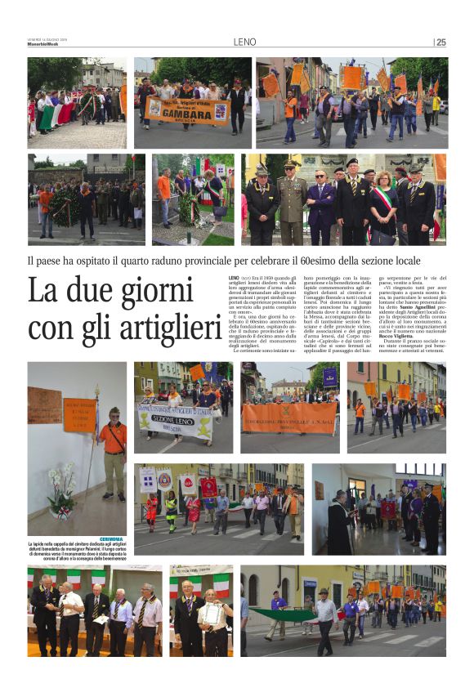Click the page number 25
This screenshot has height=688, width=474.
point(441,42)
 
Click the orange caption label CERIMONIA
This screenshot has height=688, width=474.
point(111,539)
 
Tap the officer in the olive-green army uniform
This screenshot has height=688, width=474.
point(290,200)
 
